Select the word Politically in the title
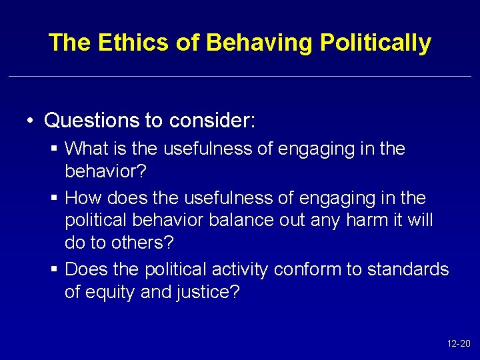[375, 43]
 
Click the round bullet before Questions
[31, 121]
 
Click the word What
[85, 149]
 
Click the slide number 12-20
[458, 344]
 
